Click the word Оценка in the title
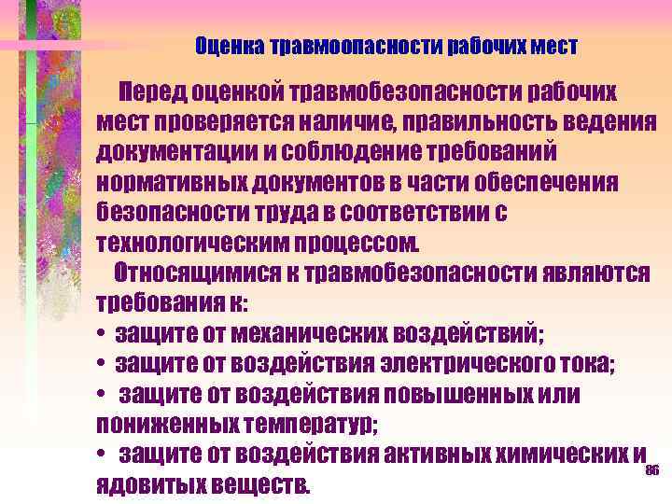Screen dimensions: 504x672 (230, 46)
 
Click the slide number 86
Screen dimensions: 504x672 (651, 470)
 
